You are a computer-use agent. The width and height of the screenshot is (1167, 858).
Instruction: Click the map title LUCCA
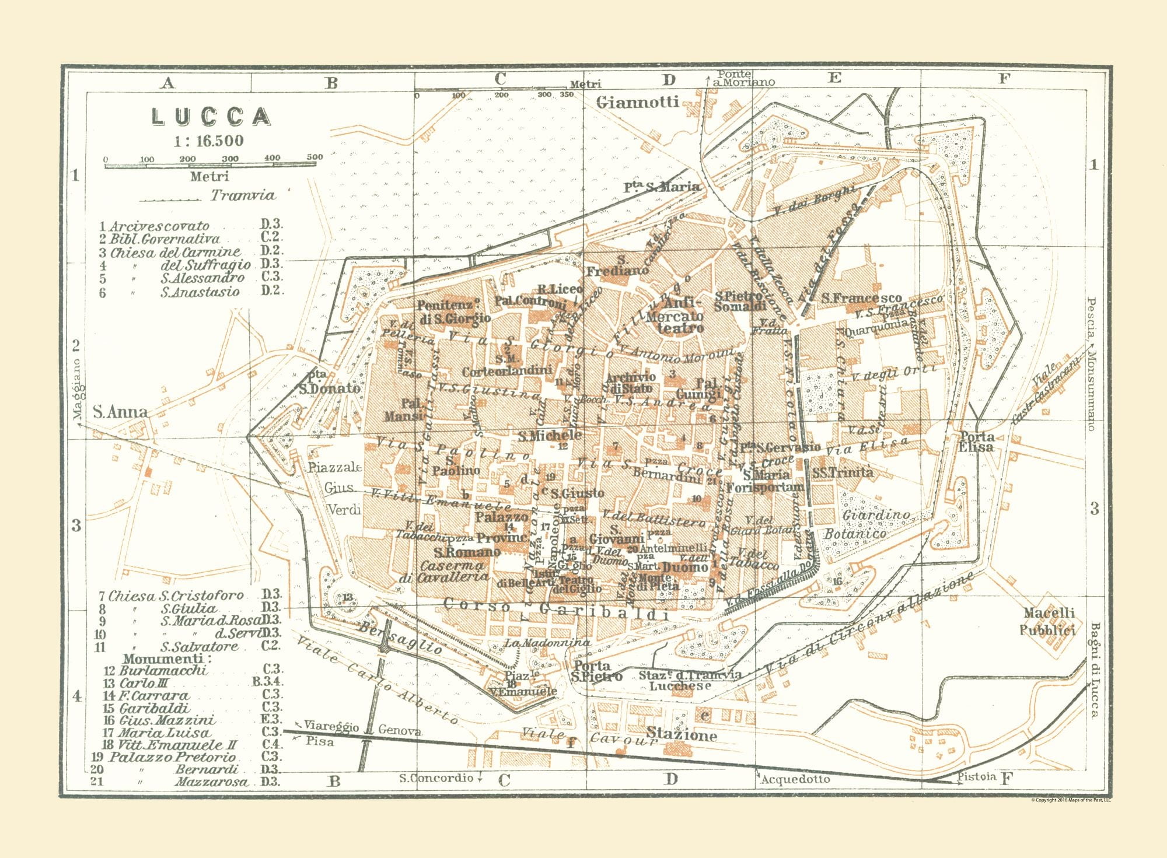(x=211, y=117)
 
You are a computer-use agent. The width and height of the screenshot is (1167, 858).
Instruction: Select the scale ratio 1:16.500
(x=208, y=141)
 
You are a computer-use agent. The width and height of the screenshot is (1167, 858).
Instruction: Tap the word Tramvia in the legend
(x=243, y=195)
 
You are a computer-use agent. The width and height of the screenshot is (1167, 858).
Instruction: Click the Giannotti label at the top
(x=638, y=103)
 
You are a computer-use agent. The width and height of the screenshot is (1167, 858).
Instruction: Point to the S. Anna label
(x=120, y=412)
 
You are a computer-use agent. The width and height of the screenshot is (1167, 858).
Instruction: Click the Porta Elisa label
(x=977, y=442)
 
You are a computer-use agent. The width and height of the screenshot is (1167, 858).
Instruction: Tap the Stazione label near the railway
(x=681, y=736)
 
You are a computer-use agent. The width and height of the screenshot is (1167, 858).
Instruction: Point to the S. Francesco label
(x=861, y=298)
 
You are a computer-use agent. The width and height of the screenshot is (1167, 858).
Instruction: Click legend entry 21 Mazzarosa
(x=183, y=782)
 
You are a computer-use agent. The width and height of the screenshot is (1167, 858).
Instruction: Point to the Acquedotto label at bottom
(x=795, y=779)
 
